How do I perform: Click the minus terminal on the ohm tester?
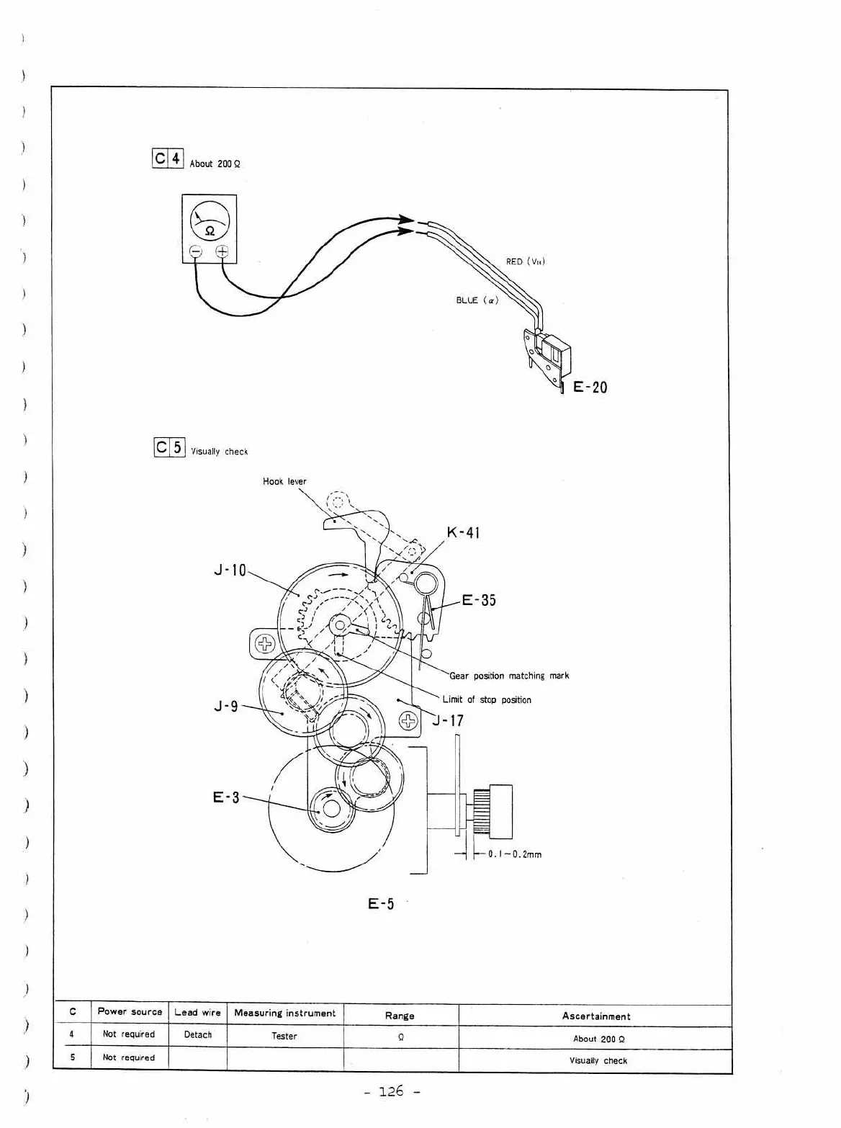pos(196,251)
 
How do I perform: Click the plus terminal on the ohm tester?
pos(222,251)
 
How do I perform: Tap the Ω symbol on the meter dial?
pos(210,231)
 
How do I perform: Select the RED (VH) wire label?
pos(525,261)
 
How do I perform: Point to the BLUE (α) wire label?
pos(477,300)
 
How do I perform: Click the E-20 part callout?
pos(590,387)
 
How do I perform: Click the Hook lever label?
pos(284,481)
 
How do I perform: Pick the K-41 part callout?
pos(463,532)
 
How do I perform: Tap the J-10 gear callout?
pos(230,570)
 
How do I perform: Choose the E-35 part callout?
pos(479,600)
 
